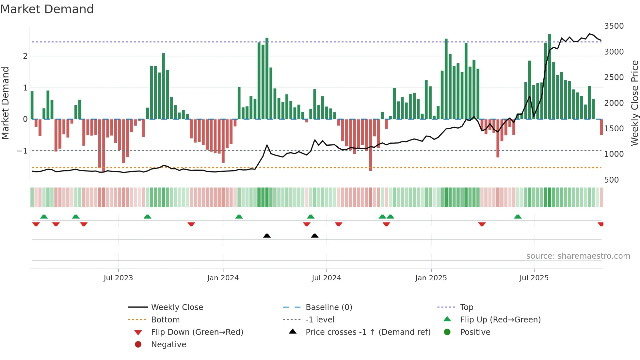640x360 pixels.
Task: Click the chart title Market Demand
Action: pos(47,9)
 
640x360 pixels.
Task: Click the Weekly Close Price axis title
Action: pos(634,103)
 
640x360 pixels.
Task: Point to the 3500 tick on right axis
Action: pos(614,26)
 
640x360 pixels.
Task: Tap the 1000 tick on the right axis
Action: pos(614,154)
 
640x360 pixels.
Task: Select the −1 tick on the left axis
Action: pos(22,151)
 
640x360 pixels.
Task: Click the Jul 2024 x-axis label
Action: pos(326,278)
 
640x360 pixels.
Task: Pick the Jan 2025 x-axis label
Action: pos(431,278)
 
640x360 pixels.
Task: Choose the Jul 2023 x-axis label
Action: pos(118,278)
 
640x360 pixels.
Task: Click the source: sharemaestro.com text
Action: pos(578,256)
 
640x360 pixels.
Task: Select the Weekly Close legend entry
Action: pos(177,307)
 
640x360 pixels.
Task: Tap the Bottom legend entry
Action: pos(165,320)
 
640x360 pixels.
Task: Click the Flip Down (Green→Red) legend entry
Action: pos(197,332)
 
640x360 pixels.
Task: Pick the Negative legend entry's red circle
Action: pos(138,345)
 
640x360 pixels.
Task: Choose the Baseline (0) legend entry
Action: pos(328,307)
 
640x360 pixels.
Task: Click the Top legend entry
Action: pos(466,307)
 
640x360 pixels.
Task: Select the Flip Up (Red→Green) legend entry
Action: pos(500,320)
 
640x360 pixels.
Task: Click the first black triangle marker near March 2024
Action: pos(267,236)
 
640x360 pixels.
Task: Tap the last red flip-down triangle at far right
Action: pos(600,224)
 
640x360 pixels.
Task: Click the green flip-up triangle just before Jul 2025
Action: pos(518,217)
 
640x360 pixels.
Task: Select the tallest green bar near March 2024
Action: pos(267,78)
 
